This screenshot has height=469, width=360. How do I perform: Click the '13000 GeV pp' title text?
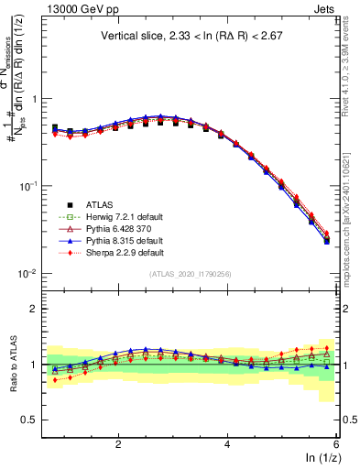pos(78,10)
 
